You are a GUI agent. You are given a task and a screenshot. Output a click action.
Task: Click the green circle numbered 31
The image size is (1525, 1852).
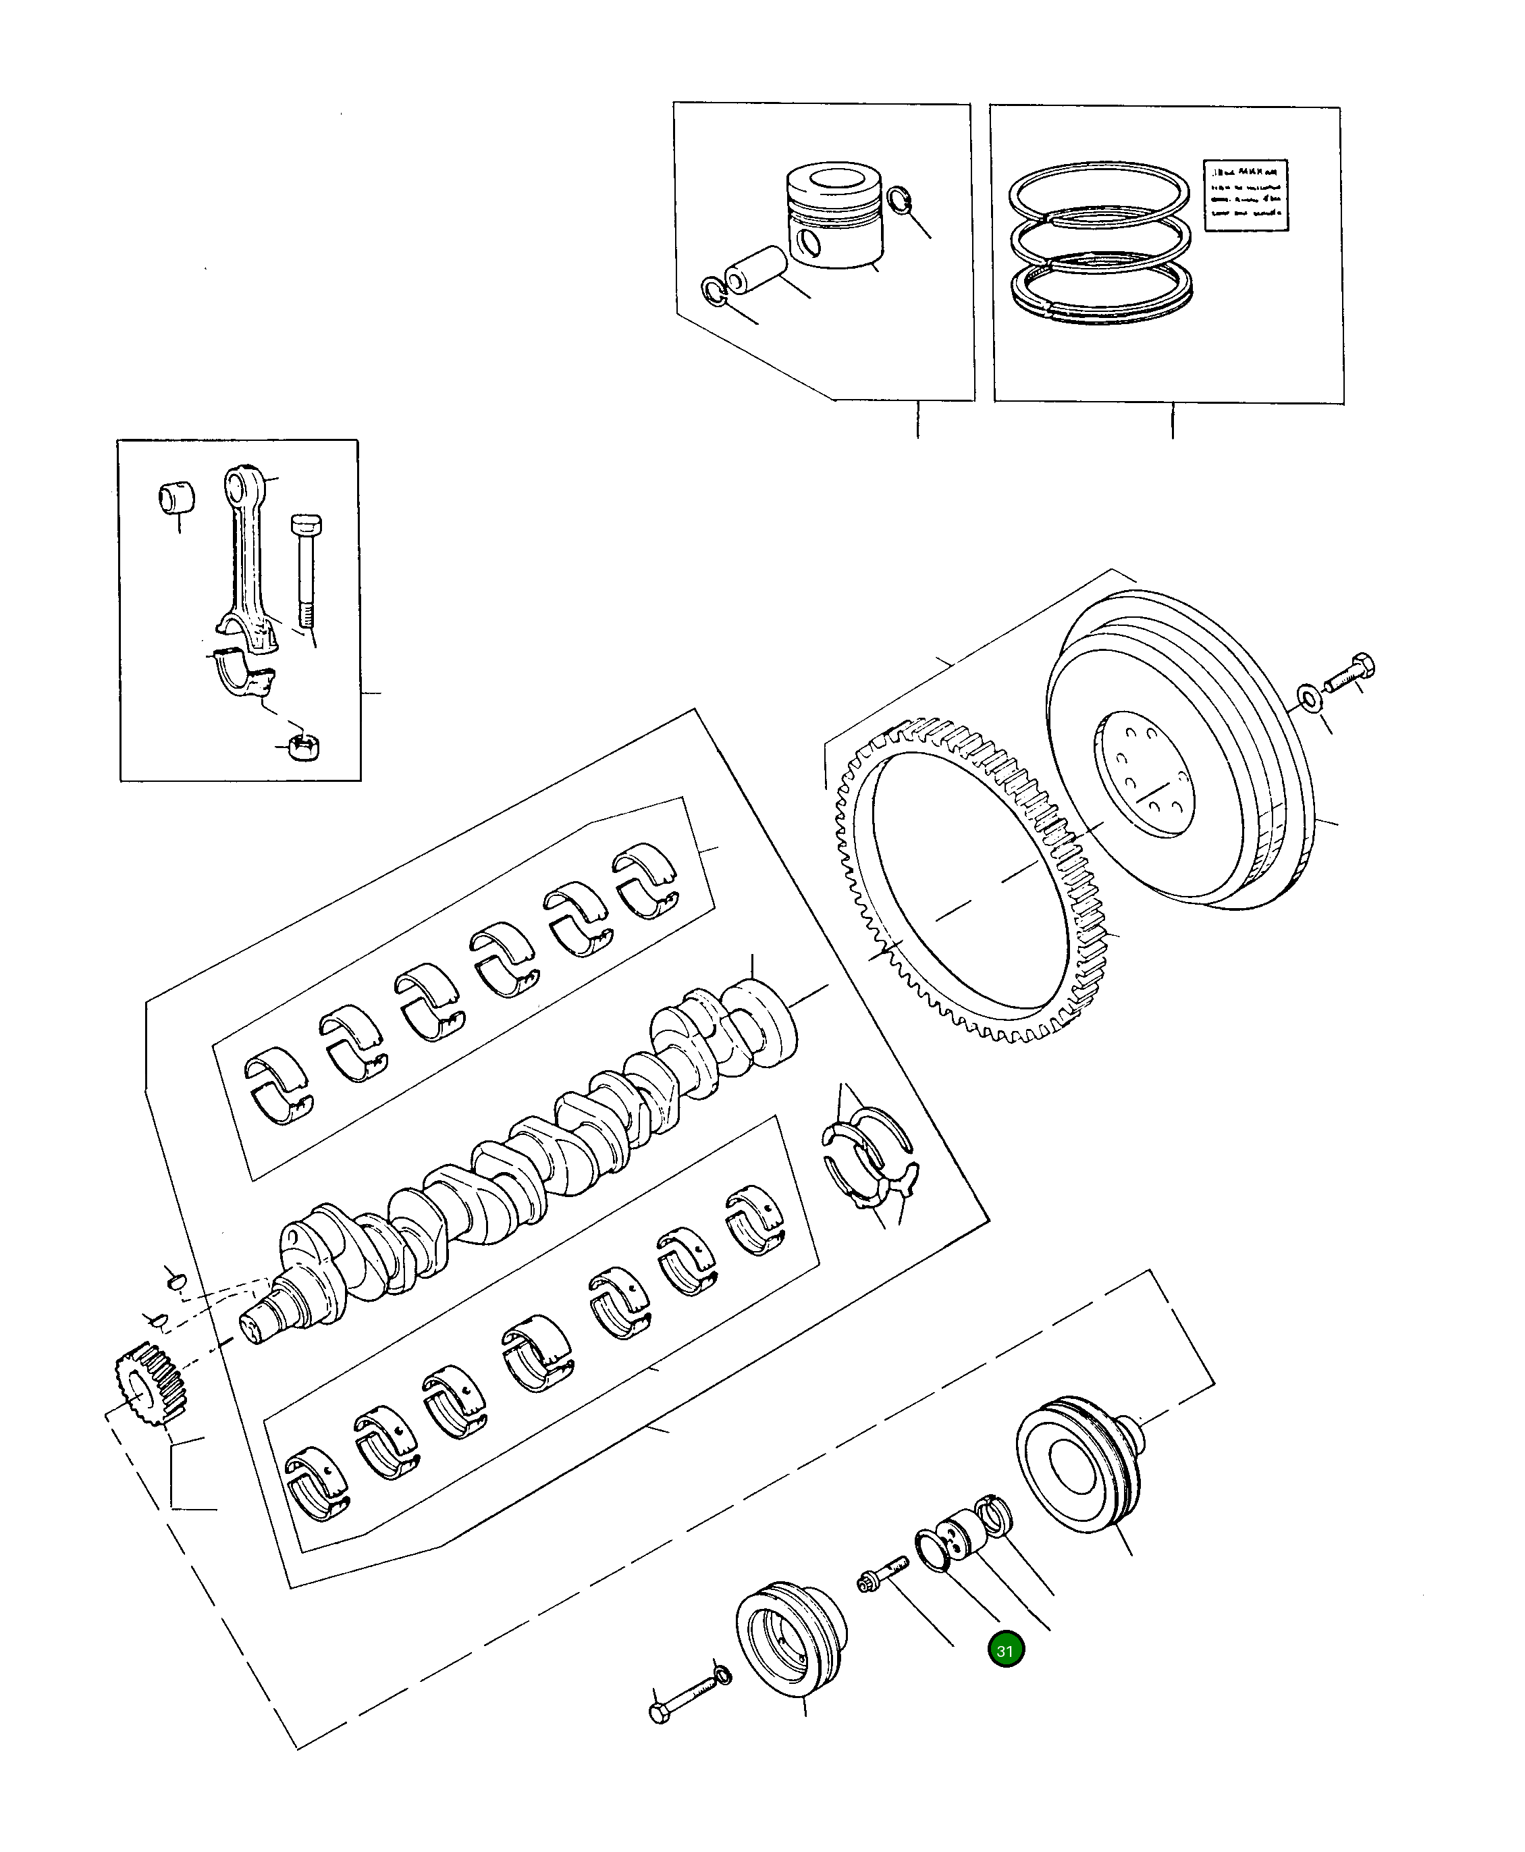(1006, 1651)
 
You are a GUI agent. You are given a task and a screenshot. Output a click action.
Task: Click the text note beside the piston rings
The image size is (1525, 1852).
(1245, 195)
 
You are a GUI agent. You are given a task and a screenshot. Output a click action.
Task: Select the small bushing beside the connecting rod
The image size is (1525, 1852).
(175, 497)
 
